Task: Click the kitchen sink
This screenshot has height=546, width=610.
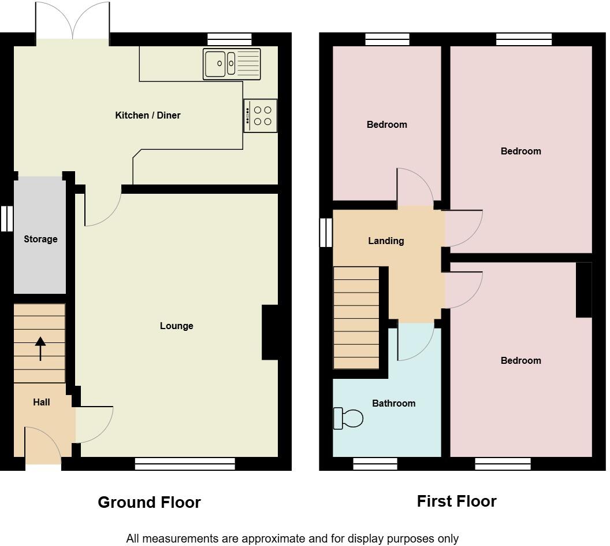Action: [232, 64]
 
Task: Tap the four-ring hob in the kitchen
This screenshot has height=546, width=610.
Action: [261, 116]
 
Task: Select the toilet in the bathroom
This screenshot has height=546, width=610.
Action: [348, 418]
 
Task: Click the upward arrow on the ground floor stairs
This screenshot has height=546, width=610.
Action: [40, 348]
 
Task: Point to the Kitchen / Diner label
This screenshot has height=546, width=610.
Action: [148, 116]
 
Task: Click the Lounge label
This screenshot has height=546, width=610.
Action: [176, 326]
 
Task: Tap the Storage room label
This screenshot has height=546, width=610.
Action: [40, 239]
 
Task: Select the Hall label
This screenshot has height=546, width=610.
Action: [41, 403]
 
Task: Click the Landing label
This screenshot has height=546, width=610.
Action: [386, 241]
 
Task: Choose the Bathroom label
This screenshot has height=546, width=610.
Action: [393, 404]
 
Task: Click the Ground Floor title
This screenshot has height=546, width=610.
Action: [149, 502]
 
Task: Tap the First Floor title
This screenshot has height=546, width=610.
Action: [456, 501]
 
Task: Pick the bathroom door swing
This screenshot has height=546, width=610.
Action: [415, 342]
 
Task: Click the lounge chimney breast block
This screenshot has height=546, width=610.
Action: [270, 333]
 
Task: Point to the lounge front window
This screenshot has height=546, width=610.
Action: [185, 463]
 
